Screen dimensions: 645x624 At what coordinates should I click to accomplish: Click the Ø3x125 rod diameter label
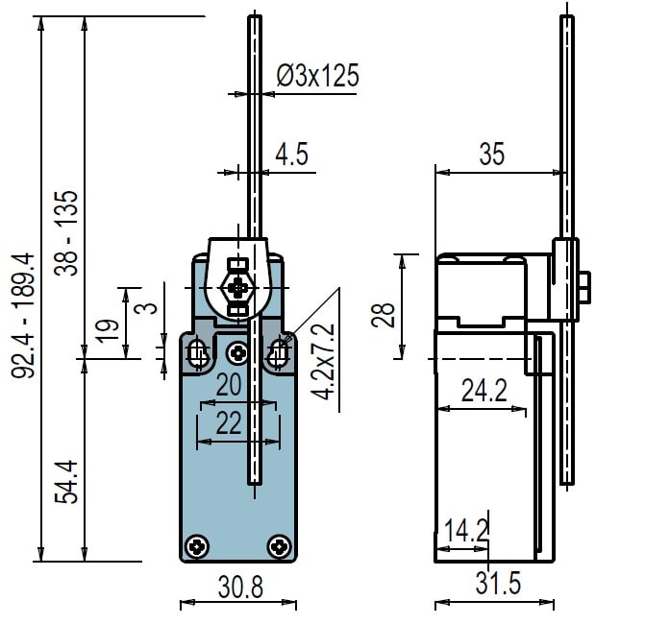point(317,75)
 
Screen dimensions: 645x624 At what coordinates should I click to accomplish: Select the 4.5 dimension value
point(291,154)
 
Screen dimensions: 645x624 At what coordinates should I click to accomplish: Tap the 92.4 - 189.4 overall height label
point(23,315)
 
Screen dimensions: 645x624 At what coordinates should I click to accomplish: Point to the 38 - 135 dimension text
point(65,233)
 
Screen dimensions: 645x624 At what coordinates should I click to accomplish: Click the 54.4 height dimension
point(65,482)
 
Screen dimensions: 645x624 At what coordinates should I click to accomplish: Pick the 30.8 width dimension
point(240,587)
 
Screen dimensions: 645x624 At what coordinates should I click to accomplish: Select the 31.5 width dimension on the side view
point(498,583)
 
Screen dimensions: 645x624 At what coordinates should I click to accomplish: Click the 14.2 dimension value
point(466,530)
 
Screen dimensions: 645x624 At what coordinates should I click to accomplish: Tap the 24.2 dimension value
point(484,391)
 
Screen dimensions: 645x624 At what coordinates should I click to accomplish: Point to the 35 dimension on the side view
point(491,154)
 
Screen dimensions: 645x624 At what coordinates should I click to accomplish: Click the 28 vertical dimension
point(383,315)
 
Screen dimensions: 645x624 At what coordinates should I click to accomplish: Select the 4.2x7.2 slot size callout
point(323,362)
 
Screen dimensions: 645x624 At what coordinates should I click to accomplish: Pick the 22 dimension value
point(229,423)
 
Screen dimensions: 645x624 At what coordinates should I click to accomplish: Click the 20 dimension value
point(229,385)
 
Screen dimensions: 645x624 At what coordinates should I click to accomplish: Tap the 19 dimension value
point(107,330)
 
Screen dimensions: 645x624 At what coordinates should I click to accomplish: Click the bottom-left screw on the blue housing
point(197,547)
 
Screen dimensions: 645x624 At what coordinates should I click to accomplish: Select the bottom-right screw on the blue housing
point(280,547)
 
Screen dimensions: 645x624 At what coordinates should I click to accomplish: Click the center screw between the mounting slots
point(238,353)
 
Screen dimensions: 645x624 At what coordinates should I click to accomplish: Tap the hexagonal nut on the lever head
point(237,288)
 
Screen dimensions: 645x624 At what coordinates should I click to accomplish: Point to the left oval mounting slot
point(198,353)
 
